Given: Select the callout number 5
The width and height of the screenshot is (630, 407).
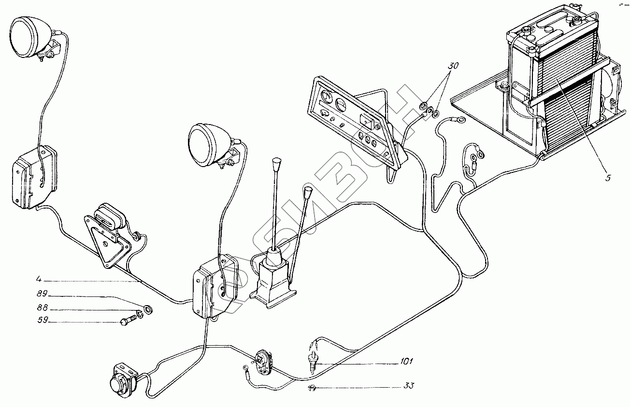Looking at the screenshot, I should (608, 178).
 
